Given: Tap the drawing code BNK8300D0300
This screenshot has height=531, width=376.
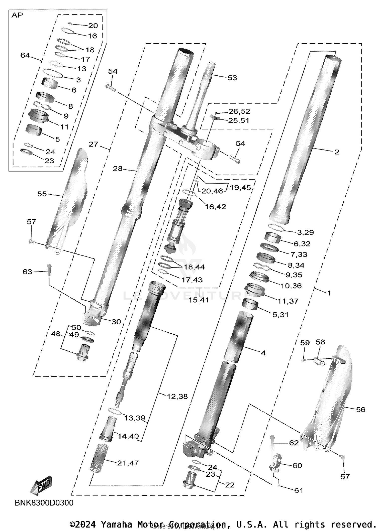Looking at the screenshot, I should coord(44,503).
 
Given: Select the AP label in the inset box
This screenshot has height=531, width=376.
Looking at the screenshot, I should coord(17,16).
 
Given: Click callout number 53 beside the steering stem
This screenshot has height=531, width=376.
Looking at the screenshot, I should coord(232,78).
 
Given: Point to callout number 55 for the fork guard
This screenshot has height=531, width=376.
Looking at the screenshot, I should coord(42,194).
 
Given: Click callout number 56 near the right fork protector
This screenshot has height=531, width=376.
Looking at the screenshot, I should coord(360,410).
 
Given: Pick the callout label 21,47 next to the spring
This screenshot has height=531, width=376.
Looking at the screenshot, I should coord(128,463).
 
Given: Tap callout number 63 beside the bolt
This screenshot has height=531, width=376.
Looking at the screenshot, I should coord(27,272).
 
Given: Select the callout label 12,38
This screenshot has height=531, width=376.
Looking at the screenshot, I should coord(177,396).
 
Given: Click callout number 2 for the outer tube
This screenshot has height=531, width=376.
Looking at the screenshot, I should coord(337,152).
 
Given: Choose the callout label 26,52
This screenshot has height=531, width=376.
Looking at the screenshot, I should coord(239,111).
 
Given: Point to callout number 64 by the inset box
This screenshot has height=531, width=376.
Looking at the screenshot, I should coord(25,55).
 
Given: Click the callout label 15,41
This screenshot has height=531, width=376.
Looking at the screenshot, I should coord(199,300).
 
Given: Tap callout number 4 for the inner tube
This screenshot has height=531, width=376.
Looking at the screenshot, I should coord(263,353).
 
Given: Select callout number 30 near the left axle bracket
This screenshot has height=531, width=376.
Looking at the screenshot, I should coord(116,322).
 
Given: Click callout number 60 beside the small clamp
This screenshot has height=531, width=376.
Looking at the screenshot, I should coord(297,465).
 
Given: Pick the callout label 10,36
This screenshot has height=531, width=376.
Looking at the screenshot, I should coord(291,286).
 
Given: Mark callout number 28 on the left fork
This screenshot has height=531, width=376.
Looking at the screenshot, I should coord(118,169).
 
